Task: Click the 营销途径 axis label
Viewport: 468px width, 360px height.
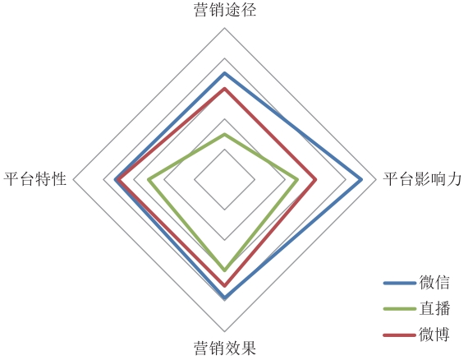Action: pyautogui.click(x=225, y=10)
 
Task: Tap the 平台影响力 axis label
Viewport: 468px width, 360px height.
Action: pyautogui.click(x=422, y=179)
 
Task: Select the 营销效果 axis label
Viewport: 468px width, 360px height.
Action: pyautogui.click(x=225, y=348)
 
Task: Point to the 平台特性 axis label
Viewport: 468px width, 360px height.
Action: pyautogui.click(x=34, y=179)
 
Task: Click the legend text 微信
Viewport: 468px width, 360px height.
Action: pyautogui.click(x=434, y=282)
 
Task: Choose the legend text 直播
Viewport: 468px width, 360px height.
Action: pyautogui.click(x=434, y=308)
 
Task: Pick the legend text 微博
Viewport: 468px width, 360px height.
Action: pyautogui.click(x=434, y=335)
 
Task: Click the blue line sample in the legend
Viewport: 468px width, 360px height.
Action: pyautogui.click(x=400, y=283)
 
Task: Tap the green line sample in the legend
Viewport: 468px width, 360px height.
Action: pyautogui.click(x=400, y=309)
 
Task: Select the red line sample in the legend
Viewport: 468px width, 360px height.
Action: pyautogui.click(x=400, y=335)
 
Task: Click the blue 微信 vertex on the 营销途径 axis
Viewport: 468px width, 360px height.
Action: pyautogui.click(x=225, y=73)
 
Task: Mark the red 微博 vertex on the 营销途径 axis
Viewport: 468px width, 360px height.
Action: pyautogui.click(x=225, y=89)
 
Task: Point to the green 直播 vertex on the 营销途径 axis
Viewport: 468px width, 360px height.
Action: pyautogui.click(x=225, y=135)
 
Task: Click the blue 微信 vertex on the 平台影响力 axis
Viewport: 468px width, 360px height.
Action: pyautogui.click(x=360, y=179)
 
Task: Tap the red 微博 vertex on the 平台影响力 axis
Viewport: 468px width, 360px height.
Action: pyautogui.click(x=315, y=179)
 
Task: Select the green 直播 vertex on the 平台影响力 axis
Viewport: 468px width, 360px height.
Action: pyautogui.click(x=297, y=179)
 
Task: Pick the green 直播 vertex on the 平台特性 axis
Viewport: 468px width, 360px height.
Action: pyautogui.click(x=149, y=179)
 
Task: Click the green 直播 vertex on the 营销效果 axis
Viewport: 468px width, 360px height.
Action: pyautogui.click(x=225, y=270)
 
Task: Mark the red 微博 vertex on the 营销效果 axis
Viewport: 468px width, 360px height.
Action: pyautogui.click(x=225, y=285)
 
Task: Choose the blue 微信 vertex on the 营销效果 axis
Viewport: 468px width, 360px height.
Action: pyautogui.click(x=225, y=298)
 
